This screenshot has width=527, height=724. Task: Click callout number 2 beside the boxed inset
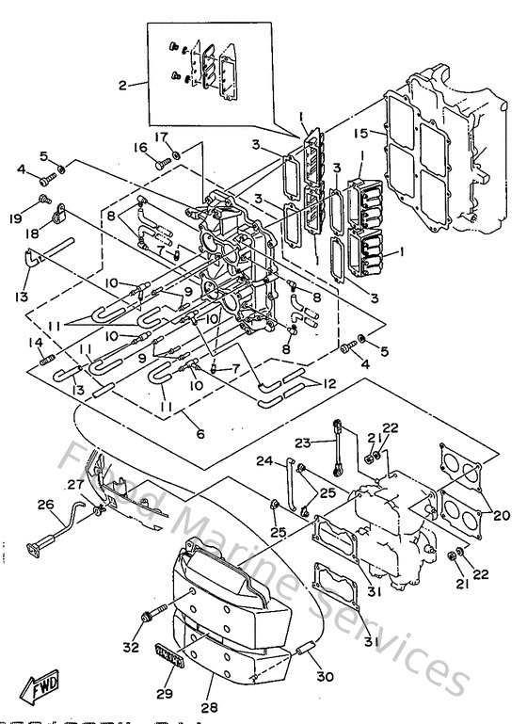tap(121, 86)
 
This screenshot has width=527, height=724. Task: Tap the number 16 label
tap(141, 148)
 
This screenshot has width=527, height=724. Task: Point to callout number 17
tap(162, 137)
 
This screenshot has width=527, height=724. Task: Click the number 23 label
tap(302, 442)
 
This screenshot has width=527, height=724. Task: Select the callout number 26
tap(45, 505)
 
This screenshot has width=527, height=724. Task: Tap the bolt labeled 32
tap(148, 617)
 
